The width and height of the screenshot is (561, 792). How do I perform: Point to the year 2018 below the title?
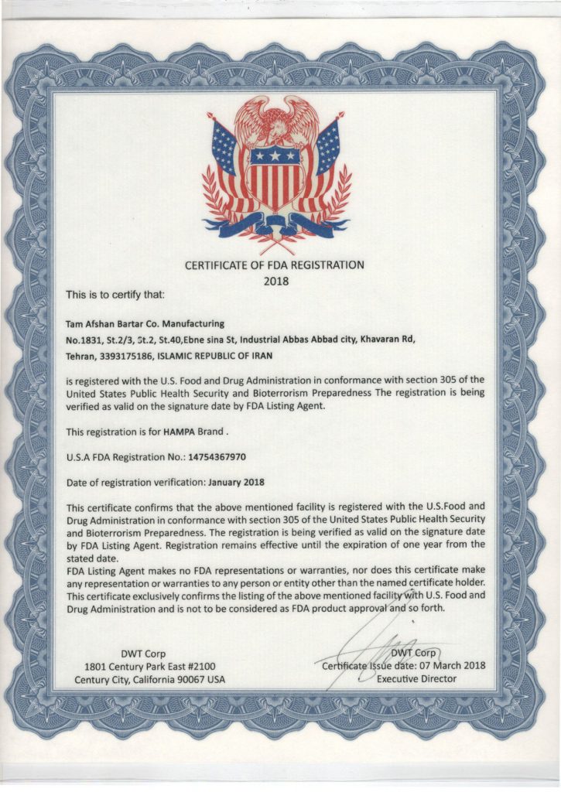275,281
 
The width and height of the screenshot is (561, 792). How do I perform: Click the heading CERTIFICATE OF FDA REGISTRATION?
274,265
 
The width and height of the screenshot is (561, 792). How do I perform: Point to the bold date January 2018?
237,481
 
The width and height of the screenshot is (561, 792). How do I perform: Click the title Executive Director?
416,679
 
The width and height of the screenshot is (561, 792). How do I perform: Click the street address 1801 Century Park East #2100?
149,666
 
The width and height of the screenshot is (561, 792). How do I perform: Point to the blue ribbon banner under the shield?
276,227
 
